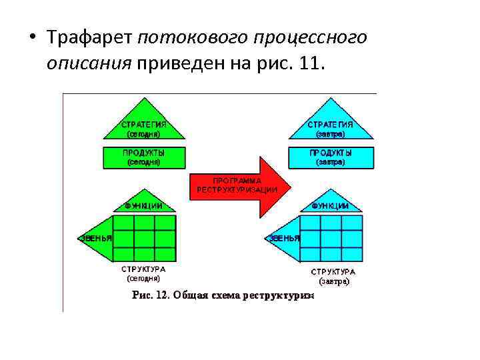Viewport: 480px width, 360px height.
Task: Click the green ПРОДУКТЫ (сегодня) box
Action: (x=143, y=157)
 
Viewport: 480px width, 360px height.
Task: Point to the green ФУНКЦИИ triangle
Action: (x=143, y=203)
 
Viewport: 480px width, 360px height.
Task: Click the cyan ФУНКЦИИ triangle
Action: (x=330, y=204)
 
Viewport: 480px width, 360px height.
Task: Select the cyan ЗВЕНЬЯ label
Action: (x=283, y=238)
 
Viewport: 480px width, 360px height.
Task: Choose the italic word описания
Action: (x=89, y=64)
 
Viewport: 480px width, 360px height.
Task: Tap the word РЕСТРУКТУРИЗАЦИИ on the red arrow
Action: (x=237, y=189)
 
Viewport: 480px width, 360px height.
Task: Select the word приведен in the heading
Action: (x=178, y=64)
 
